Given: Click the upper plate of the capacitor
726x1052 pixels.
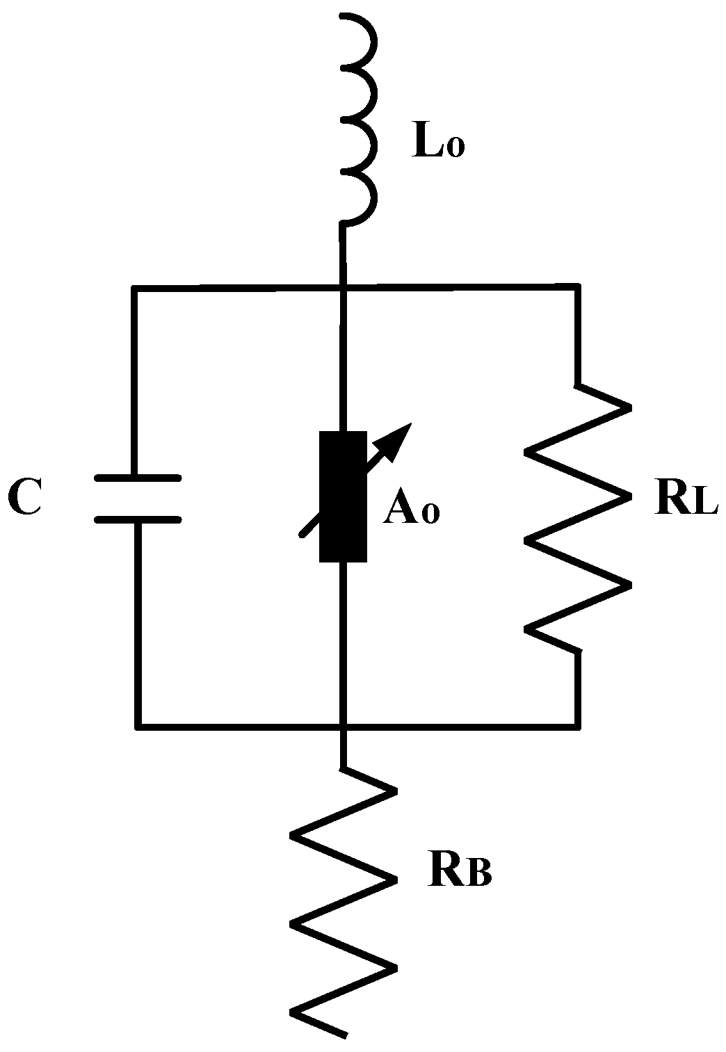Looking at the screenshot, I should click(x=138, y=478).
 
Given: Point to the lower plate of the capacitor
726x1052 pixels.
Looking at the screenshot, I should click(x=138, y=519).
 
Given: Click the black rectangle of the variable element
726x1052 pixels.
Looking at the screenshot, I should click(x=343, y=496).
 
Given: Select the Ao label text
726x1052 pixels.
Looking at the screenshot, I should click(x=411, y=512).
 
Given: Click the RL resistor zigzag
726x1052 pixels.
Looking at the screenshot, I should click(x=577, y=518).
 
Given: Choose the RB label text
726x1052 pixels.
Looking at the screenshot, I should click(x=460, y=873).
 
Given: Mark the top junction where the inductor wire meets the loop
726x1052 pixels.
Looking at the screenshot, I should click(x=343, y=286).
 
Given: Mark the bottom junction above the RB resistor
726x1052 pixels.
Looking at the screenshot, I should click(x=343, y=727).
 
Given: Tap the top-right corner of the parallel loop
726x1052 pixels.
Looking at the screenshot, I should click(x=577, y=286).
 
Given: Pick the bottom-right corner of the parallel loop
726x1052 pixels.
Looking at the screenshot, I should click(x=577, y=726).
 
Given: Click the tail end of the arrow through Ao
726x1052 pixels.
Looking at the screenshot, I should click(x=301, y=535).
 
